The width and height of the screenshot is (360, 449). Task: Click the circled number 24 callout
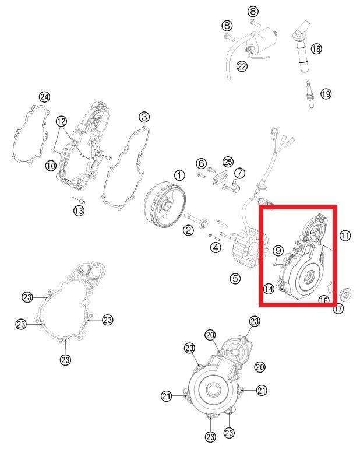pyautogui.click(x=44, y=97)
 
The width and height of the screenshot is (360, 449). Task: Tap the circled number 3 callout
pyautogui.click(x=144, y=117)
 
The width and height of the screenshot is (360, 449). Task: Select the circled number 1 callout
pyautogui.click(x=179, y=175)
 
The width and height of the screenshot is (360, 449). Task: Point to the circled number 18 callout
pyautogui.click(x=316, y=48)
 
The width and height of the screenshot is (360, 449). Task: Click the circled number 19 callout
pyautogui.click(x=326, y=93)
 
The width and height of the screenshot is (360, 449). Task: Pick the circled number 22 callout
pyautogui.click(x=242, y=66)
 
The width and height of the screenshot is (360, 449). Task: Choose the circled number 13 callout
pyautogui.click(x=79, y=211)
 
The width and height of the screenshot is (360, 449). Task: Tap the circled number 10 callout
pyautogui.click(x=51, y=166)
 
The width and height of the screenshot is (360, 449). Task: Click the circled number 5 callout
pyautogui.click(x=235, y=278)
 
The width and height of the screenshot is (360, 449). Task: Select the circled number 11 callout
pyautogui.click(x=345, y=236)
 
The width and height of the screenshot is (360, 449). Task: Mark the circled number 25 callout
pyautogui.click(x=228, y=162)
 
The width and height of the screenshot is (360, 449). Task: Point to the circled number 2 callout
pyautogui.click(x=188, y=230)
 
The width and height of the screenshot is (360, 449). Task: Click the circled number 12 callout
pyautogui.click(x=61, y=121)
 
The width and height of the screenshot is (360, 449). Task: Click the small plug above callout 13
pyautogui.click(x=82, y=199)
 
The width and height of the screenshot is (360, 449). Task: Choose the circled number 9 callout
pyautogui.click(x=278, y=251)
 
